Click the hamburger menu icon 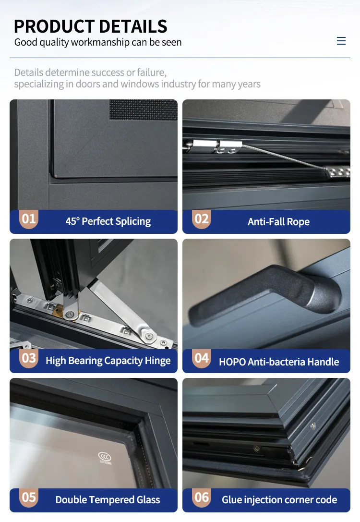[341, 41]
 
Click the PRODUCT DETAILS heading [91, 26]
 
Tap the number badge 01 [29, 219]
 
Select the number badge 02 [202, 219]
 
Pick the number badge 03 [29, 358]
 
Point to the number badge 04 [202, 358]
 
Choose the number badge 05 [29, 498]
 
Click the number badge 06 [202, 498]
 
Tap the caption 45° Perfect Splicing [108, 221]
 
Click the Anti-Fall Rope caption [279, 222]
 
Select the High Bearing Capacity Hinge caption [108, 361]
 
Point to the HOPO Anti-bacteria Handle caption [279, 362]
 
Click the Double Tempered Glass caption [108, 500]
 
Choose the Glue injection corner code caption [279, 500]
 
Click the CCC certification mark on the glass [105, 458]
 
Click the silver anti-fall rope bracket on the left [213, 146]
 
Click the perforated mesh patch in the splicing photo [144, 109]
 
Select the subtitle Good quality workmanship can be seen [98, 42]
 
